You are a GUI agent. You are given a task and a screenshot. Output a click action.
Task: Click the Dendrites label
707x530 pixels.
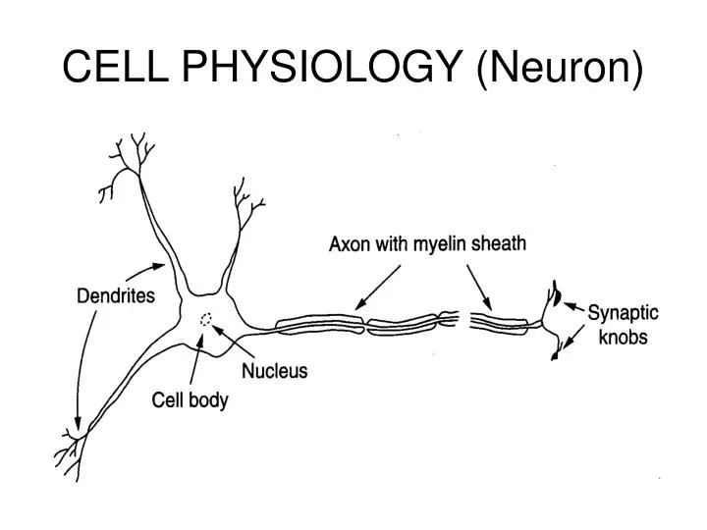click(x=115, y=295)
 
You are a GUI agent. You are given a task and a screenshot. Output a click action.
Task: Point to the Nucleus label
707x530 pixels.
click(x=275, y=371)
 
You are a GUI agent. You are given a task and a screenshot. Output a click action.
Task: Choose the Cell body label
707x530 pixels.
click(x=190, y=400)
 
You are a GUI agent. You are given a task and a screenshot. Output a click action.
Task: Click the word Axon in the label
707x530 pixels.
click(x=348, y=244)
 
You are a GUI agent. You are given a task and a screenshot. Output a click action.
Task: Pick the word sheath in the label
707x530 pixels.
click(x=497, y=243)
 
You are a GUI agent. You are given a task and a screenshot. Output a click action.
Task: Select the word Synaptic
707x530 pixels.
click(x=623, y=314)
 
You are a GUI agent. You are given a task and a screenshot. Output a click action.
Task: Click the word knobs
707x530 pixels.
click(x=622, y=339)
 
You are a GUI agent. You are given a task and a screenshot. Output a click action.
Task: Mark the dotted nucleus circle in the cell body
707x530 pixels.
click(x=206, y=319)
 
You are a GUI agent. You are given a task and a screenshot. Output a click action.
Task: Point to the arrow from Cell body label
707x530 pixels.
click(x=196, y=363)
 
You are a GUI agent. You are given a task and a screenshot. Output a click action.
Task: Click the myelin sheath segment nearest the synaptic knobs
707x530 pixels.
click(x=502, y=321)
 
